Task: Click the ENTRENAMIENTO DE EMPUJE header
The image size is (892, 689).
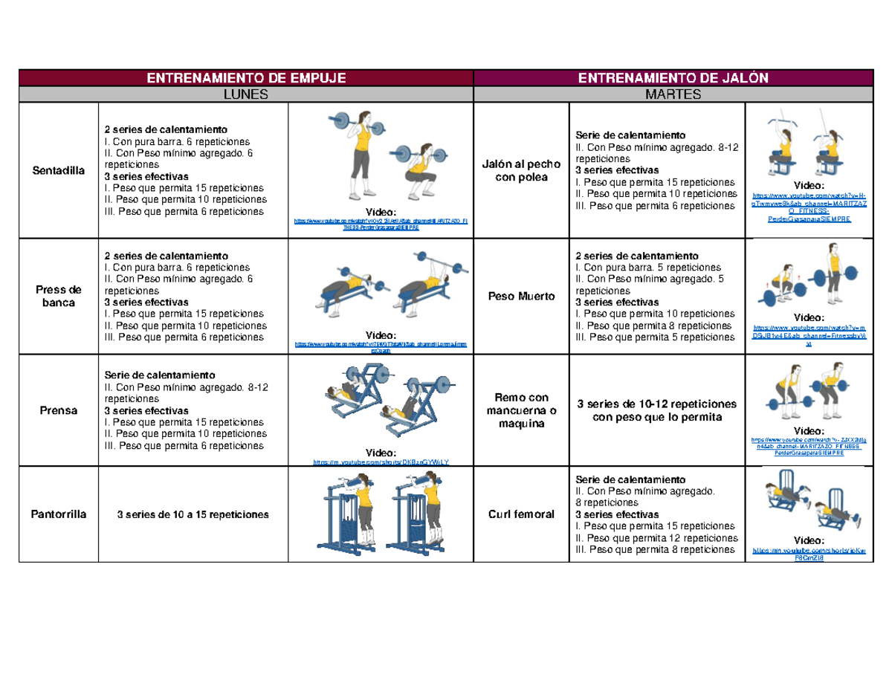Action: (246, 77)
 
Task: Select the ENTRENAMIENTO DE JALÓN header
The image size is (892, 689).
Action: (673, 77)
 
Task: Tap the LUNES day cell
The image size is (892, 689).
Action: (246, 94)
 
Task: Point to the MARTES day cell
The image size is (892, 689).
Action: (673, 94)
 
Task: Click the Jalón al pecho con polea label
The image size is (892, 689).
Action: (520, 170)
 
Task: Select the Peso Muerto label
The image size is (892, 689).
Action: (520, 296)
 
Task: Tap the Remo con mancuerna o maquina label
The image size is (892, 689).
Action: (520, 410)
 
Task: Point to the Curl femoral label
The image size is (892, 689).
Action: (520, 514)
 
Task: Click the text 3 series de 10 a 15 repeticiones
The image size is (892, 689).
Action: (193, 514)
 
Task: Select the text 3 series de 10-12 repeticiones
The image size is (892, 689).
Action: (656, 410)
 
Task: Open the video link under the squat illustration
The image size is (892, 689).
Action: (381, 224)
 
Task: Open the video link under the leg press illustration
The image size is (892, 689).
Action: (381, 462)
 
